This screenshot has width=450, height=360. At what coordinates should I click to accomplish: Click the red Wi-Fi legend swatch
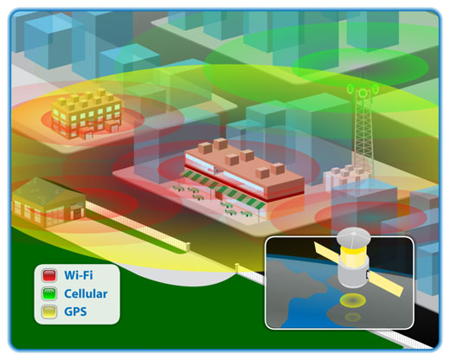pyautogui.click(x=49, y=275)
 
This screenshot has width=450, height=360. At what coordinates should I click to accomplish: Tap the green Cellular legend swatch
pyautogui.click(x=49, y=293)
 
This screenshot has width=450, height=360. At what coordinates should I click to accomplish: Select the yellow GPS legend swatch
pyautogui.click(x=49, y=312)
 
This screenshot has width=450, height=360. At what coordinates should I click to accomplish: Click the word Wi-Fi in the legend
pyautogui.click(x=79, y=275)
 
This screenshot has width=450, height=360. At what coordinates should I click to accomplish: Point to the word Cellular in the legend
pyautogui.click(x=86, y=293)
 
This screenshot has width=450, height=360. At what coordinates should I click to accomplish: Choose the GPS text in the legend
pyautogui.click(x=75, y=312)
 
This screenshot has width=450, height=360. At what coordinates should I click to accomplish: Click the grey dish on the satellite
pyautogui.click(x=353, y=238)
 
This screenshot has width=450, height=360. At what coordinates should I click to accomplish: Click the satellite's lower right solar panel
pyautogui.click(x=386, y=284)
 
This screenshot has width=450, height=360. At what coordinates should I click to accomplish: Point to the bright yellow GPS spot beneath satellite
pyautogui.click(x=352, y=300)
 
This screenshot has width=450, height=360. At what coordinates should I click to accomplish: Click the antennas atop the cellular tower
pyautogui.click(x=363, y=91)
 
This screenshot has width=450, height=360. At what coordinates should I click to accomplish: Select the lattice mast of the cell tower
pyautogui.click(x=363, y=136)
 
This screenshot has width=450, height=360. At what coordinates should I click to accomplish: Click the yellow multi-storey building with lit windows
pyautogui.click(x=87, y=114)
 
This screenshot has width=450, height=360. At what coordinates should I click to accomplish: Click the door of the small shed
pyautogui.click(x=78, y=214)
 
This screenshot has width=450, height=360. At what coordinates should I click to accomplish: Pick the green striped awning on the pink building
pyautogui.click(x=223, y=189)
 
